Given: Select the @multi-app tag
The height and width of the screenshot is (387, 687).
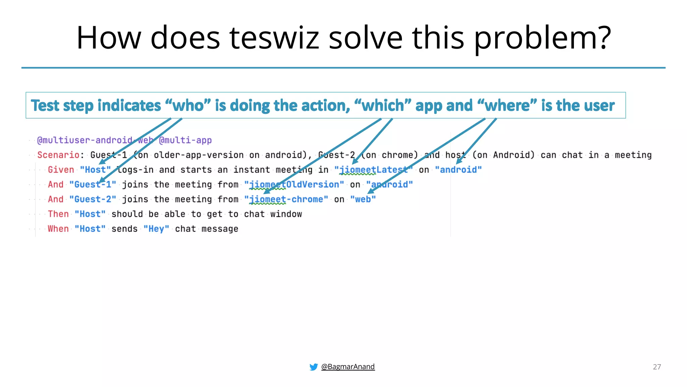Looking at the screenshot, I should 185,140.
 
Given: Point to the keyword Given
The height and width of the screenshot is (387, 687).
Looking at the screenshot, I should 61,170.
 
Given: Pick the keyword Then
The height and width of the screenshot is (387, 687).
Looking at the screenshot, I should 58,214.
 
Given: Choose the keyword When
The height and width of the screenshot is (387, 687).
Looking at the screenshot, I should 58,229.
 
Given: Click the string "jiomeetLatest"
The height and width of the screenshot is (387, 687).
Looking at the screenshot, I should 373,170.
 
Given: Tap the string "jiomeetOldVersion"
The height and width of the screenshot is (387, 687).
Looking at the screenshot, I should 294,184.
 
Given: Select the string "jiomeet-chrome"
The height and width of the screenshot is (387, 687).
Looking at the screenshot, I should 286,199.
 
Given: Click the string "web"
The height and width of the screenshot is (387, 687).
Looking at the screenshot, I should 363,199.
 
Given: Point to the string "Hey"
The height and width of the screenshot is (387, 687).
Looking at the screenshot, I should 156,229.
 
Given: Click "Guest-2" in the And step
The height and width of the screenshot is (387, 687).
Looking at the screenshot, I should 93,199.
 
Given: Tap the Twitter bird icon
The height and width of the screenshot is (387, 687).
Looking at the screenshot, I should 314,367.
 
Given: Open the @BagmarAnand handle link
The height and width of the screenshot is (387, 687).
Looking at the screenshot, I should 348,367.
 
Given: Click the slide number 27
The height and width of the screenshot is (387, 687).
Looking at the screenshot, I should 657,367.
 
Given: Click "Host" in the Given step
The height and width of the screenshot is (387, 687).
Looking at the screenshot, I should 95,170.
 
